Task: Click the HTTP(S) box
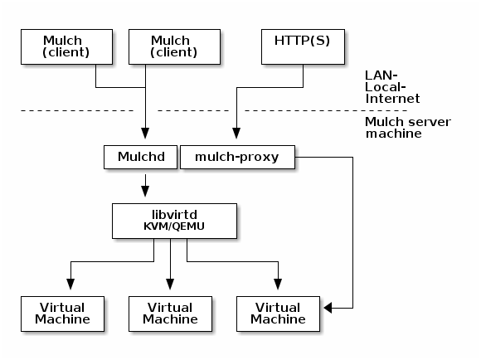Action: [303, 47]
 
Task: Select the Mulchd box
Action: [140, 157]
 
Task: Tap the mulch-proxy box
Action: [237, 157]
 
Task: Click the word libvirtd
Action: [174, 215]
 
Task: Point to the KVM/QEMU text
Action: [174, 226]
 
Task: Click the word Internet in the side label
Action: [392, 99]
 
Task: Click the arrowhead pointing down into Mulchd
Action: [145, 134]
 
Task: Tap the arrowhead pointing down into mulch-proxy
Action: [236, 134]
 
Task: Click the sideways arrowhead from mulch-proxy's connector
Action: [328, 308]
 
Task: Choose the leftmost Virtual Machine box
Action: [62, 314]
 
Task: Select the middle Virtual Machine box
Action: [170, 314]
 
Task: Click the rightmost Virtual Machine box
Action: [278, 314]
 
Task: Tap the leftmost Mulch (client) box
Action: [66, 47]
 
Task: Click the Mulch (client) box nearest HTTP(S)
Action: [174, 47]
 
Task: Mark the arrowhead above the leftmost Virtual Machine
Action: [70, 285]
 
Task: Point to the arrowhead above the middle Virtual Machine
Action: [170, 285]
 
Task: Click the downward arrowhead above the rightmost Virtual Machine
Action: [278, 285]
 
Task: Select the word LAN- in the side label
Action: [381, 75]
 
